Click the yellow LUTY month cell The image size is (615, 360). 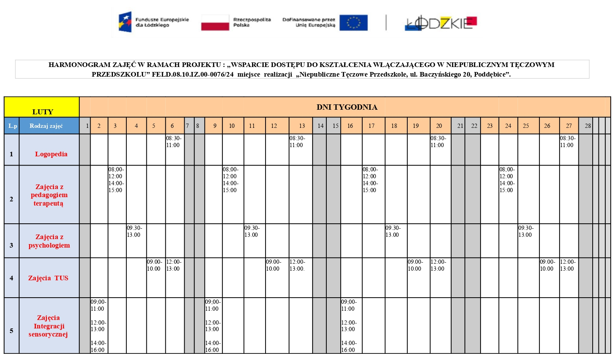coord(42,107)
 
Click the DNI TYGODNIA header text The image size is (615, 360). coord(347,107)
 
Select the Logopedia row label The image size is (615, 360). coord(51,154)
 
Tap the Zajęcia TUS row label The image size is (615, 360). coord(48,278)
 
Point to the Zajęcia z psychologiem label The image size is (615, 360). coord(49,241)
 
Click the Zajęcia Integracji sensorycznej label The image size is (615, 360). coord(48,326)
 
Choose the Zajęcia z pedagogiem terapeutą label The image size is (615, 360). coord(49,195)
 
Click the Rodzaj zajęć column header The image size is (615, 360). coord(46,126)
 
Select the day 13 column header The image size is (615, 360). coord(302,126)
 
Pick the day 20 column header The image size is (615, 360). coord(439,126)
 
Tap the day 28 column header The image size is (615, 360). coord(588,126)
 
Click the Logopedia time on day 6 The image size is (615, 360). coord(173,142)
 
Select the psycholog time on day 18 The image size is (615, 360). coord(393,231)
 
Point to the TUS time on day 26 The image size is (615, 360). coord(547,265)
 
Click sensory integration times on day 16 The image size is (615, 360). coord(349,326)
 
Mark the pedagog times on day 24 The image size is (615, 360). coord(506,180)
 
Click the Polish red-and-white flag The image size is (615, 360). coord(215,22)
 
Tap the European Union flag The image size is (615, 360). coord(353,23)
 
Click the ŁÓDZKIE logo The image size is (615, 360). coord(441,23)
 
